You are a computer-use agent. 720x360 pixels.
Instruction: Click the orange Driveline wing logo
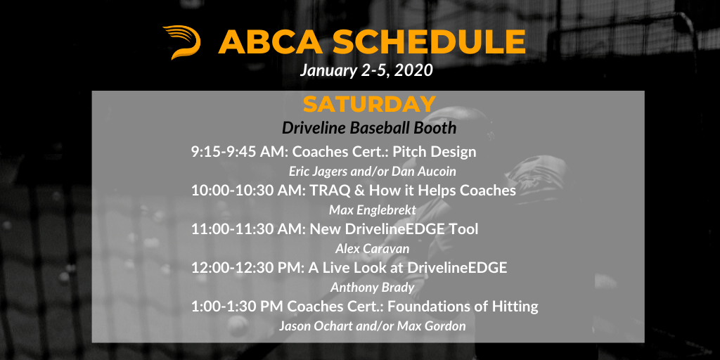pyautogui.click(x=182, y=42)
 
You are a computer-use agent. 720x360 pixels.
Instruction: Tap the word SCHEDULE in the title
pyautogui.click(x=429, y=41)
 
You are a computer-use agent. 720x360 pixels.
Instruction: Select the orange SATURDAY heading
pyautogui.click(x=369, y=104)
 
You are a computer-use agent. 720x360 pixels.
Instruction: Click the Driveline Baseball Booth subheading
pyautogui.click(x=369, y=128)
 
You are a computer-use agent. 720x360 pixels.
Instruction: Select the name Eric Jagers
pyautogui.click(x=317, y=172)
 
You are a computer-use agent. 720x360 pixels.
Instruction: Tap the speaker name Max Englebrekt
pyautogui.click(x=373, y=210)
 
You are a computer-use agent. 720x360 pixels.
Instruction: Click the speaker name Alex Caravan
pyautogui.click(x=373, y=249)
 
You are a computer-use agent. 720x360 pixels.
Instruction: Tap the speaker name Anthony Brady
pyautogui.click(x=373, y=288)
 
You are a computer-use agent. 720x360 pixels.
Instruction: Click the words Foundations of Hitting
pyautogui.click(x=463, y=307)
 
